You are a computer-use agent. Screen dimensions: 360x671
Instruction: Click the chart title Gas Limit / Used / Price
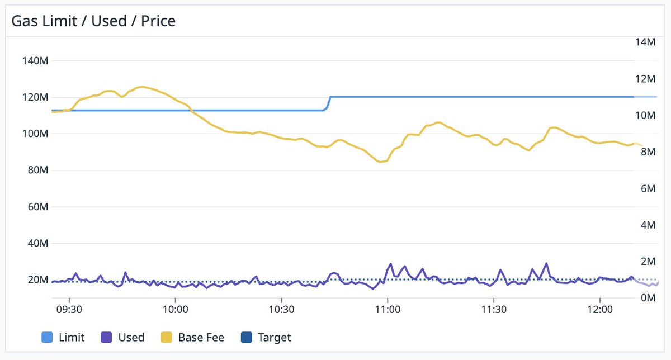tap(93, 21)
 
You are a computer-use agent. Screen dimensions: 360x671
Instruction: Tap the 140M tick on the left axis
tap(35, 60)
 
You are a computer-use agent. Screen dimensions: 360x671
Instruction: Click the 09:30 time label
tap(69, 309)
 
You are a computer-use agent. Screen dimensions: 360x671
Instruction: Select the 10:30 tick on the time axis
tap(281, 309)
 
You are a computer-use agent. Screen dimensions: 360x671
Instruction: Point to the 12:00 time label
tap(599, 309)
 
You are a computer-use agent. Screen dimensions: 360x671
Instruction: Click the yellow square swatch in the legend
tap(166, 337)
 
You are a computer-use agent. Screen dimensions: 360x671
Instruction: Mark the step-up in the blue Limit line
tap(329, 103)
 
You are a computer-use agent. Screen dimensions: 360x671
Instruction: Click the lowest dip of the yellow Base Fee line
tap(381, 162)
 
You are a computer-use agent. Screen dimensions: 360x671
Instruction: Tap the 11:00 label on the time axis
tap(388, 309)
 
